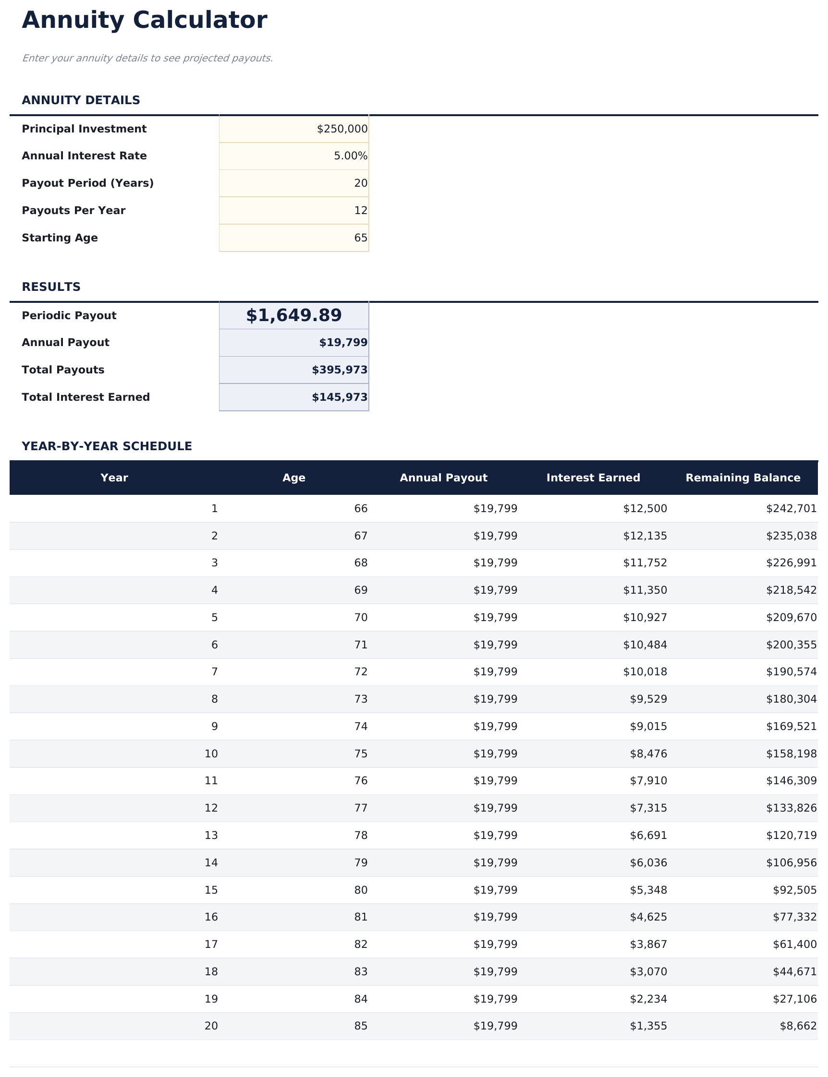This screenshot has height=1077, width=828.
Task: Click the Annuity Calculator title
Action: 145,21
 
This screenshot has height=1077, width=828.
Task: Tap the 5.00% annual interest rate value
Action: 351,156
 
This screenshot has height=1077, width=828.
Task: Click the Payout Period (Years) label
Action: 88,183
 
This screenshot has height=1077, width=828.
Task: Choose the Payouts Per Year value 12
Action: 360,211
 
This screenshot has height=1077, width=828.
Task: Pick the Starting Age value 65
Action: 360,238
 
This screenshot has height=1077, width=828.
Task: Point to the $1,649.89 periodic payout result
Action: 294,315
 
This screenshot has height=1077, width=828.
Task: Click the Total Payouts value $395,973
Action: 340,370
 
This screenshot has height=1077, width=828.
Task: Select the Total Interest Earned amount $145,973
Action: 340,397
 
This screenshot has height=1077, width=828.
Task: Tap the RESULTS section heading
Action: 51,287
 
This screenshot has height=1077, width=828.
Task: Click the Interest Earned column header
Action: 593,478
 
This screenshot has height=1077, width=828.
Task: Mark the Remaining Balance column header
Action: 743,478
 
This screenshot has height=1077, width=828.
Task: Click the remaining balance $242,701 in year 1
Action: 791,509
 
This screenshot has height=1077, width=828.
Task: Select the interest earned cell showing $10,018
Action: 645,672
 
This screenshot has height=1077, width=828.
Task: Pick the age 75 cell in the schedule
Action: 360,754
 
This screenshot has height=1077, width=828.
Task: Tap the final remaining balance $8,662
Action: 798,1026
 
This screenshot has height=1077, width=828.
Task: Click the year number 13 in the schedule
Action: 211,835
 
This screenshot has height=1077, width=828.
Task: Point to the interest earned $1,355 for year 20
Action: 648,1026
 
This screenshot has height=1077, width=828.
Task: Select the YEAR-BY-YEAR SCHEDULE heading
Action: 107,446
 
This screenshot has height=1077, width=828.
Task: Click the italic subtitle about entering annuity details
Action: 147,59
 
